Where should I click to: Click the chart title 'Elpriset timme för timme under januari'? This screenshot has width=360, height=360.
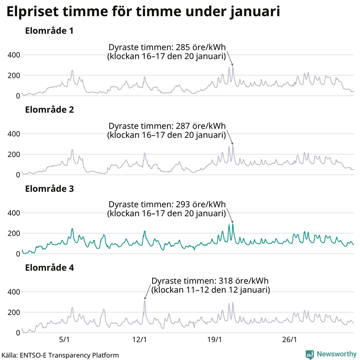pyautogui.click(x=143, y=12)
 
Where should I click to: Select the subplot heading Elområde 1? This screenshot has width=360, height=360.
pyautogui.click(x=49, y=31)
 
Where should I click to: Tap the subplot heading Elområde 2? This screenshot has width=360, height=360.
pyautogui.click(x=49, y=110)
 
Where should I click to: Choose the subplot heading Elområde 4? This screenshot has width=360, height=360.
pyautogui.click(x=49, y=268)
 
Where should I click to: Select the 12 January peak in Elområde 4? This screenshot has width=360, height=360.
pyautogui.click(x=144, y=301)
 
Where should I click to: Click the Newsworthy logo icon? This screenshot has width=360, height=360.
pyautogui.click(x=310, y=354)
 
